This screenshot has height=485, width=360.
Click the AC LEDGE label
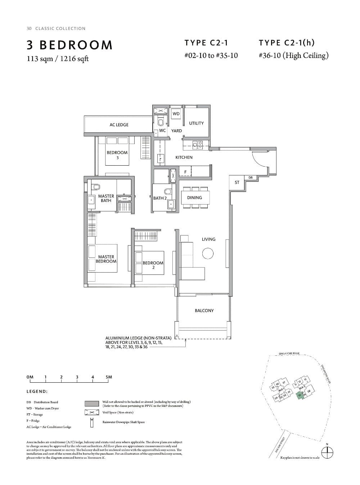[119, 125]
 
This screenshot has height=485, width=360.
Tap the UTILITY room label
[196, 123]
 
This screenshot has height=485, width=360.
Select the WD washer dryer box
[176, 114]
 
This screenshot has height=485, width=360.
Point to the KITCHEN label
[184, 157]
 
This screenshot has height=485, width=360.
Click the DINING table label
[194, 198]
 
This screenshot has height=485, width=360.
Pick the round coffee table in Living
[208, 254]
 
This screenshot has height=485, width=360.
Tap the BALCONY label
[204, 310]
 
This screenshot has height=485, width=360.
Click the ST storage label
[237, 183]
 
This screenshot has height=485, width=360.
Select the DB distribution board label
[251, 178]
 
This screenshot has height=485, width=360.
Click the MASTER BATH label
[106, 198]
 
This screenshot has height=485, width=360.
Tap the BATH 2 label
[160, 198]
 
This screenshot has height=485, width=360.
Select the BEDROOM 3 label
[117, 155]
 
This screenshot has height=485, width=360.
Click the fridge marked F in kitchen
[185, 172]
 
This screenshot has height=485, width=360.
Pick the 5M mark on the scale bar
[109, 377]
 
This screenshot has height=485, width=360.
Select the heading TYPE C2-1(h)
[287, 43]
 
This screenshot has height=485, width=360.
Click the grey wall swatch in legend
[92, 403]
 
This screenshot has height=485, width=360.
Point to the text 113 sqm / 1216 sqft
[58, 59]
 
